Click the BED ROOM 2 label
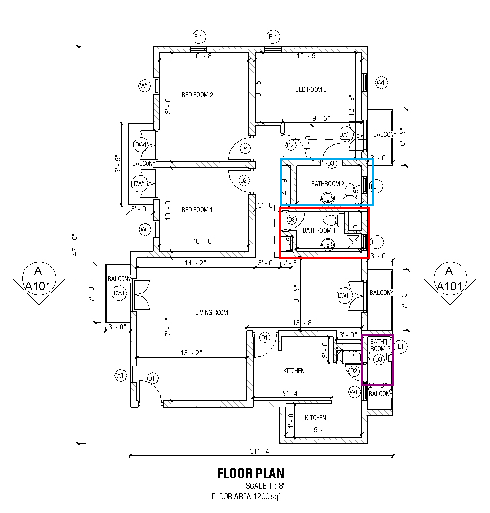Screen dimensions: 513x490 (197, 95)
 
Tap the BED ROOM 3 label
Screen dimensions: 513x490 (311, 89)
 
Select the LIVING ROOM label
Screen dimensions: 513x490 (212, 312)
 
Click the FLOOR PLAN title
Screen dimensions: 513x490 (250, 473)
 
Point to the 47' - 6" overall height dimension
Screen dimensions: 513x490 (74, 245)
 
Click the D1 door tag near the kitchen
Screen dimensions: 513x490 (264, 338)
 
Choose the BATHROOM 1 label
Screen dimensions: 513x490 (319, 230)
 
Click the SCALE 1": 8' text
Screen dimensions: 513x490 (265, 486)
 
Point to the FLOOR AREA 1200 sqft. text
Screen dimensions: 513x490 (247, 496)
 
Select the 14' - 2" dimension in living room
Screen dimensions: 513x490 (195, 263)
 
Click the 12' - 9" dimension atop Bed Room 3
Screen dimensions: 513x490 (307, 56)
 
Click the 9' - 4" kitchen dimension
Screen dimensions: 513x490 (292, 393)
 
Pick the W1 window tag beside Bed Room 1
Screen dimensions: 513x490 (144, 229)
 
